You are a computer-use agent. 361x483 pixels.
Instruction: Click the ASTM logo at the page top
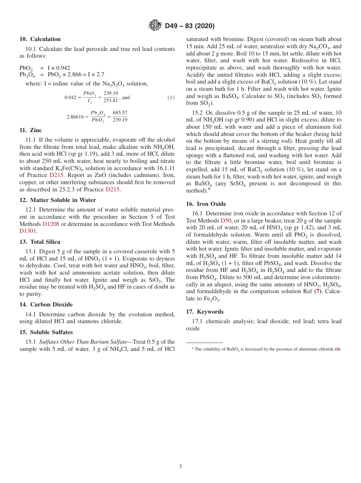click(155, 26)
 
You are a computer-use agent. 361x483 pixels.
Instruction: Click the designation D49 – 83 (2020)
click(190, 26)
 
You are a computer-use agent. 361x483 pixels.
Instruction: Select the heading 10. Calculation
click(40, 39)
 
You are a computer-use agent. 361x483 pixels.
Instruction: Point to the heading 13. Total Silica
click(40, 242)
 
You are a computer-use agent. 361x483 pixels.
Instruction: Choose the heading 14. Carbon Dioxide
click(46, 305)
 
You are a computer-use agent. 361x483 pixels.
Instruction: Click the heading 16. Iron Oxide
click(206, 204)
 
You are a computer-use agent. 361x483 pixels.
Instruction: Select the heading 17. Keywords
click(204, 312)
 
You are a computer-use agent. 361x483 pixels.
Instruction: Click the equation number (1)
click(171, 98)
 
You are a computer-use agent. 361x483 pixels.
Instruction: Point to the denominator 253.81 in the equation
click(111, 101)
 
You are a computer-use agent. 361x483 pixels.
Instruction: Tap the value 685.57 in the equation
click(120, 113)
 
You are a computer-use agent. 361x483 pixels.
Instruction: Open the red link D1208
click(51, 224)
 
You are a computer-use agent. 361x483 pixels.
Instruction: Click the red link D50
click(226, 221)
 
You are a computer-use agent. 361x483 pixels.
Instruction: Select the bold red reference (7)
click(317, 291)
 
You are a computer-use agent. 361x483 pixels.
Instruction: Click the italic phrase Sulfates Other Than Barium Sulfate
click(83, 342)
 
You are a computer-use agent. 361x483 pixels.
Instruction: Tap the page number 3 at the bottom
click(180, 467)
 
